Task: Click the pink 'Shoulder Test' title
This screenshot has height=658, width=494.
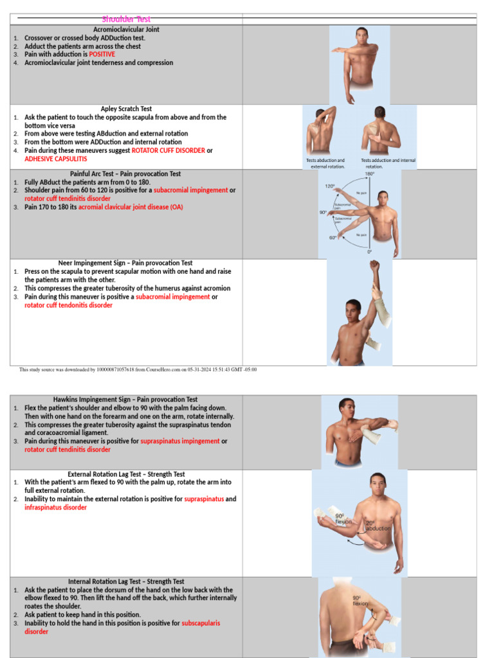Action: (x=126, y=19)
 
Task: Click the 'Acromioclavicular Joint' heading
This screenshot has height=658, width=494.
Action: (x=126, y=30)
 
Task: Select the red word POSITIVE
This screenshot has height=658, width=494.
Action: (x=102, y=55)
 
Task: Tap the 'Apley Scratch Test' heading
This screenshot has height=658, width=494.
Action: (x=126, y=109)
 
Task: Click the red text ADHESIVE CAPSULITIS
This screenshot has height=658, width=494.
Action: (x=55, y=159)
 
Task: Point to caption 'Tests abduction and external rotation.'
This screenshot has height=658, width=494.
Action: (x=325, y=163)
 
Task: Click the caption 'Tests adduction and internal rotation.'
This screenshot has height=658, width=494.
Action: (x=388, y=163)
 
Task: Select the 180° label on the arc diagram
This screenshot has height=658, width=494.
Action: (x=370, y=174)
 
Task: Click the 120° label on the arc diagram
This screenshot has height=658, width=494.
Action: (x=329, y=186)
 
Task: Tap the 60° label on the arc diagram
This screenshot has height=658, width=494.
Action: (x=333, y=238)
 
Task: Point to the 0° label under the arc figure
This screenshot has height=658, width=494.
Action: (x=370, y=252)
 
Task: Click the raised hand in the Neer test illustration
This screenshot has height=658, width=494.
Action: (x=374, y=265)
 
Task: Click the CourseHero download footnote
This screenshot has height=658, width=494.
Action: (x=138, y=369)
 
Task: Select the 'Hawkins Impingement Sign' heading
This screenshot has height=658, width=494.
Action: (x=126, y=400)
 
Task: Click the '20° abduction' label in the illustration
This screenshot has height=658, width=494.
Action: (x=378, y=526)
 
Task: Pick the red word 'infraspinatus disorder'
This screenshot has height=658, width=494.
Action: (x=55, y=508)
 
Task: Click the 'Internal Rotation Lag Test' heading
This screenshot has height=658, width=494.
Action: (x=126, y=582)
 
